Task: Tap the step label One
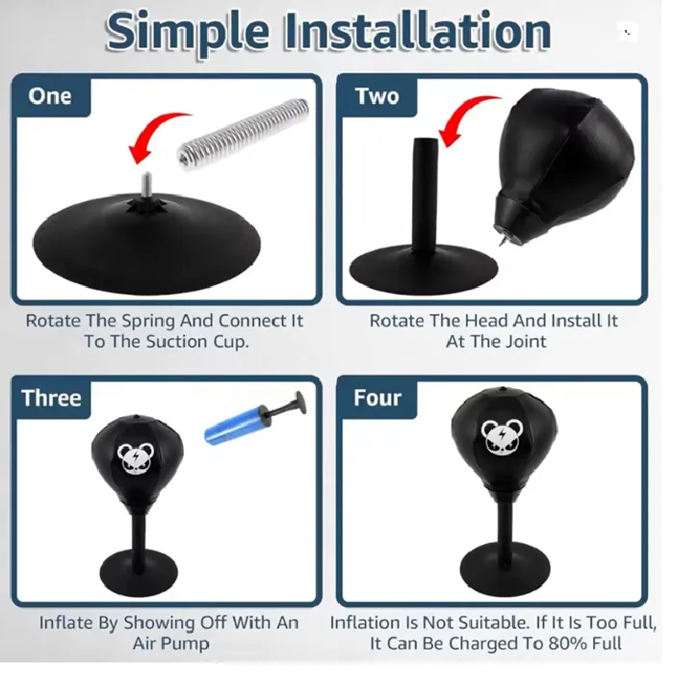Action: (50, 96)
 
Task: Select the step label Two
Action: (377, 96)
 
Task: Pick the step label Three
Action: (51, 398)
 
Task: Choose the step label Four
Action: (377, 398)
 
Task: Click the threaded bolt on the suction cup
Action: (147, 185)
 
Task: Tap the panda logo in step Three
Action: (136, 458)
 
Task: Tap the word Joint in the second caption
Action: (526, 342)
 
